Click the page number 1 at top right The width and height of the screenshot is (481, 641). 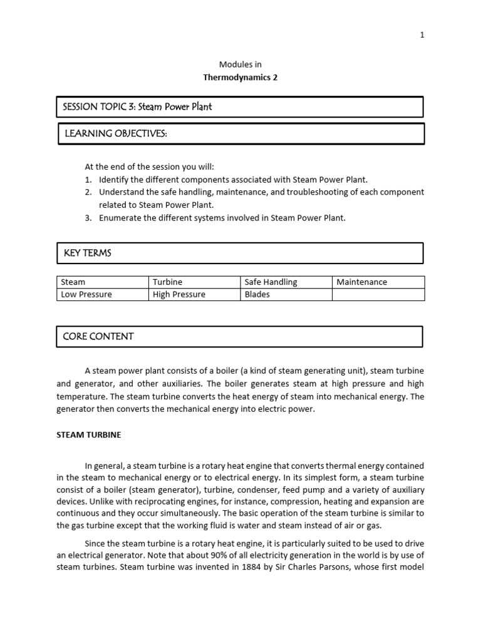tap(422, 35)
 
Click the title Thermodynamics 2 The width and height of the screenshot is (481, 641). tap(240, 78)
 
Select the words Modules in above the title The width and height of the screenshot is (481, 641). tap(240, 64)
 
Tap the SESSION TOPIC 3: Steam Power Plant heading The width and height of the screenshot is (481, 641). tap(137, 106)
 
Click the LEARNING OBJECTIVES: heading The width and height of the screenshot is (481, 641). tap(115, 133)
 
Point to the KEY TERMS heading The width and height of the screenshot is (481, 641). tap(87, 253)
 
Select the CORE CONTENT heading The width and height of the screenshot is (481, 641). tap(98, 336)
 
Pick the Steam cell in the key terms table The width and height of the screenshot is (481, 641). tap(73, 282)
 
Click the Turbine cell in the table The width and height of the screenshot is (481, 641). tap(167, 282)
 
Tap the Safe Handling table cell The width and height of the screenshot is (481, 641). tap(271, 282)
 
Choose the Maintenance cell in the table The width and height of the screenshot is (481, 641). tap(362, 282)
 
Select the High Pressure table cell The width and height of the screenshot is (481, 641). tap(179, 294)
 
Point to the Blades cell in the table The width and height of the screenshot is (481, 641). tap(257, 294)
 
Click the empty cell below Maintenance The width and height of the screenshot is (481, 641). tap(378, 294)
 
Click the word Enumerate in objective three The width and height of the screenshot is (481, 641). tap(120, 218)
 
